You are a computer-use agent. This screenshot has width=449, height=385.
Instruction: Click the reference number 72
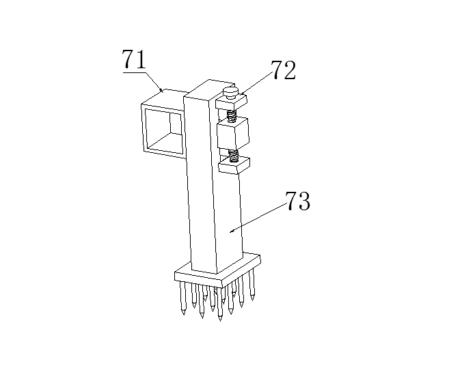(284, 71)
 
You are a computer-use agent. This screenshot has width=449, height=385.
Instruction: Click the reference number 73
(297, 202)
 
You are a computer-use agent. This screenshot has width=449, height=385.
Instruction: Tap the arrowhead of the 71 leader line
(162, 91)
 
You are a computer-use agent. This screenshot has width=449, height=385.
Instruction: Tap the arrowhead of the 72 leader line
(239, 96)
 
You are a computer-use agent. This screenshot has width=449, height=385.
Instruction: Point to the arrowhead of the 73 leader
(230, 232)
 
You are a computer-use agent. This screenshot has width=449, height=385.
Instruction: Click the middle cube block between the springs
(234, 134)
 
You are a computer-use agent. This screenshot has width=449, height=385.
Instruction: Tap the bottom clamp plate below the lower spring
(234, 164)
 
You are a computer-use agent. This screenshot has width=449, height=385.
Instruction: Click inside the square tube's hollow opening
(165, 130)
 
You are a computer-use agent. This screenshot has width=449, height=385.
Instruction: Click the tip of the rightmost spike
(253, 298)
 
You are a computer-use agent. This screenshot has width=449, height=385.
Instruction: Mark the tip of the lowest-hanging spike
(220, 320)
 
